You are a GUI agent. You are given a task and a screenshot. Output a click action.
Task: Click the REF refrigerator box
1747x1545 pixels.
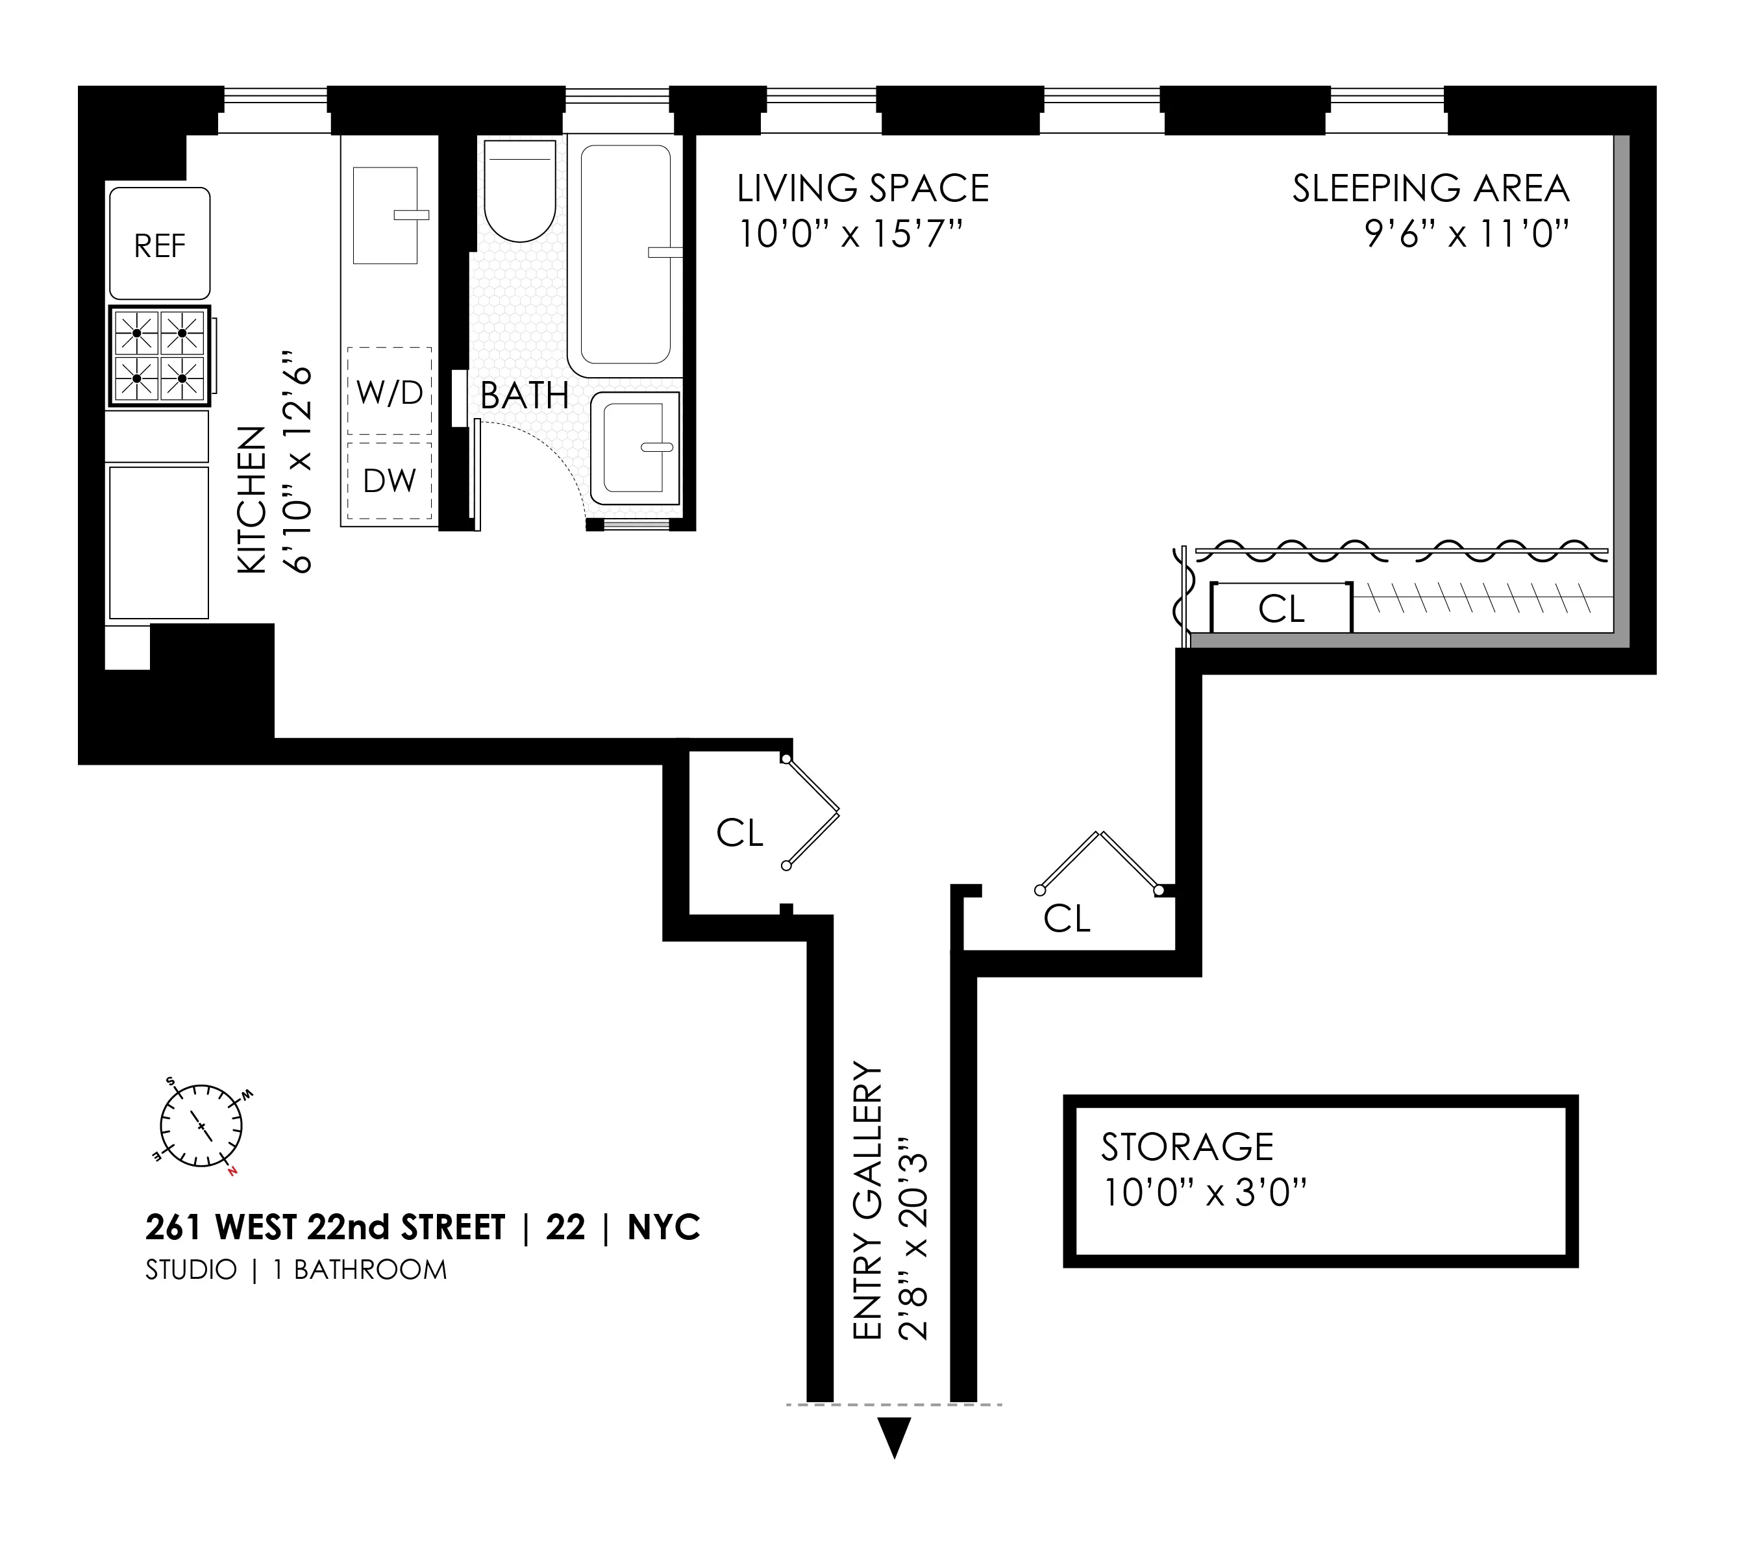[x=159, y=244]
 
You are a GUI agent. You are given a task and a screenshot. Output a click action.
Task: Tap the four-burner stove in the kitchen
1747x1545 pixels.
[x=160, y=356]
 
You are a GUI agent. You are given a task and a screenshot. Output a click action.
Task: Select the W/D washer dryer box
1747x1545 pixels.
[x=389, y=392]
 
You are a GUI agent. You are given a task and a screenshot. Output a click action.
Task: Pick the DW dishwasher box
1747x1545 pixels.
[x=389, y=480]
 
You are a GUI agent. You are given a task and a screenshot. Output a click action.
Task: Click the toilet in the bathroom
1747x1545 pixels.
[x=519, y=191]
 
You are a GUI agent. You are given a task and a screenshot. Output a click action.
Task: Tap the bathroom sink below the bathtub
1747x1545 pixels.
[x=635, y=448]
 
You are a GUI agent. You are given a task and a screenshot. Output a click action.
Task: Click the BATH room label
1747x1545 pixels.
[x=524, y=395]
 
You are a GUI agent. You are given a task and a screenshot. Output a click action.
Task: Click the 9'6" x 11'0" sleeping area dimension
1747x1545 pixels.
[x=1467, y=234]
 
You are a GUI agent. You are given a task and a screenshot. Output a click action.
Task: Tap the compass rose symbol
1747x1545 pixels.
[x=201, y=1126]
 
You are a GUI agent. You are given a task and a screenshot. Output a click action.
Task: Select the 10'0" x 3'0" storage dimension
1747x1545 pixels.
[x=1205, y=1193]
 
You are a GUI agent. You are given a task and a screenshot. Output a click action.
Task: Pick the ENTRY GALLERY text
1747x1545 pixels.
[x=867, y=1201]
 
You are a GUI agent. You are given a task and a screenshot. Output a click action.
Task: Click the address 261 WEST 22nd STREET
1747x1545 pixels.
[x=326, y=1228]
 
